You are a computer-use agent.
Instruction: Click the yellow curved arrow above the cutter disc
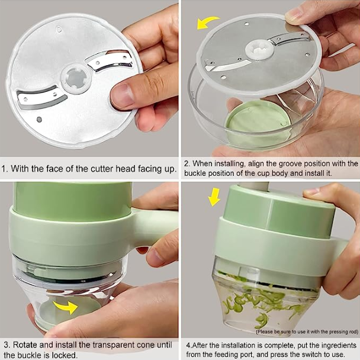pos(207,23)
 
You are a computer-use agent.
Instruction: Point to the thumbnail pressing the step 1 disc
pos(123,95)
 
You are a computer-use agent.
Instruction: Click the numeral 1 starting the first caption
pos(5,169)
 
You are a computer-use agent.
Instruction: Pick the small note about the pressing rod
pos(306,332)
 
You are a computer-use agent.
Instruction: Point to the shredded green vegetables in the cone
pos(255,299)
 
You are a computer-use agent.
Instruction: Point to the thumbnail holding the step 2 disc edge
pos(294,14)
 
